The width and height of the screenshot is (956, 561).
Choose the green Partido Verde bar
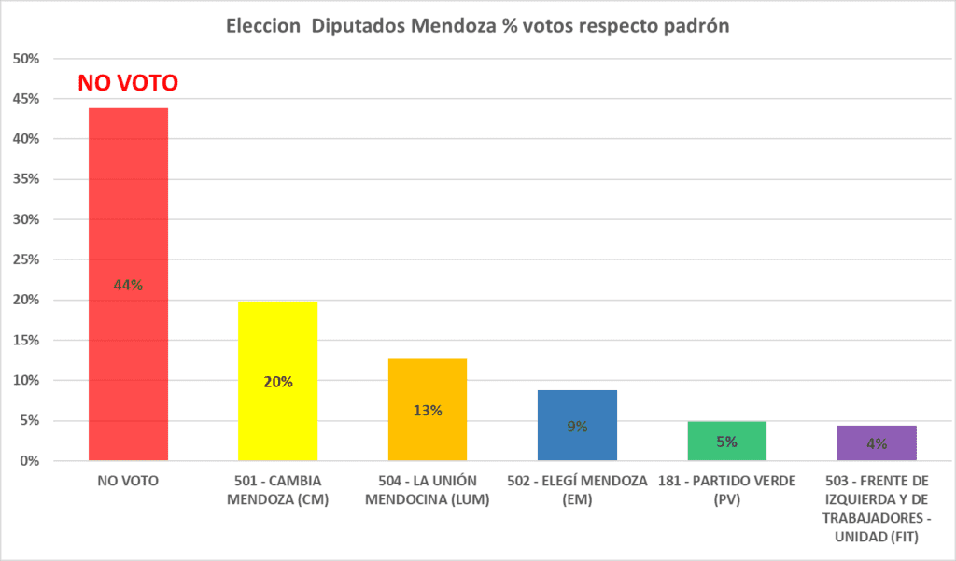(x=726, y=452)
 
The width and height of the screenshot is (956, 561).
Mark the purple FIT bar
(x=877, y=453)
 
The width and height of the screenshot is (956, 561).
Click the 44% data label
(x=128, y=286)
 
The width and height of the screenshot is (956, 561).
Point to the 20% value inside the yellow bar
(x=278, y=382)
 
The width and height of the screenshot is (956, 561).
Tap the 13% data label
(x=428, y=410)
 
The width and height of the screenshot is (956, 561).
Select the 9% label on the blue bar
(x=577, y=427)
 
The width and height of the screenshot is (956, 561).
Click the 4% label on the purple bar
(x=877, y=443)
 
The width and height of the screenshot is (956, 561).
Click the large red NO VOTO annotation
(x=128, y=83)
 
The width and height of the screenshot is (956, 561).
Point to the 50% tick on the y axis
(x=26, y=59)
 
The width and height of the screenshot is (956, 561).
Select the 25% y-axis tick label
(x=26, y=259)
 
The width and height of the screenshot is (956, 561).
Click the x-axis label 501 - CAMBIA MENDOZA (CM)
(x=277, y=490)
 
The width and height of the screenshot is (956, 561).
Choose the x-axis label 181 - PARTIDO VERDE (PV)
(x=726, y=490)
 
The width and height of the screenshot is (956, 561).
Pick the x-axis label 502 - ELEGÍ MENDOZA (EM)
(x=577, y=490)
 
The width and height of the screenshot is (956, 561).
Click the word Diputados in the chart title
(x=357, y=26)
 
